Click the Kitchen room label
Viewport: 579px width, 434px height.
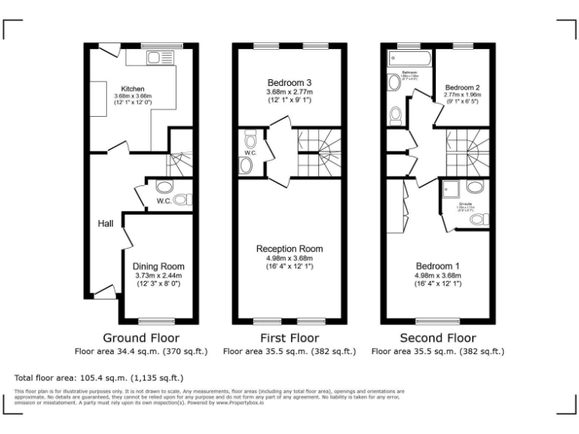point(133,89)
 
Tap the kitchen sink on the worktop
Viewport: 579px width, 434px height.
point(160,57)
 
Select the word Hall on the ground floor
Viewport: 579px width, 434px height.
point(105,223)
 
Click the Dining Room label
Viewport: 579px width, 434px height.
point(158,266)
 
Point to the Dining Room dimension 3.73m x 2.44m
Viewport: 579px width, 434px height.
point(158,276)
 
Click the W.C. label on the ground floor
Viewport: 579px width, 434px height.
point(164,201)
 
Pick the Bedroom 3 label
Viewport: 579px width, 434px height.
point(289,82)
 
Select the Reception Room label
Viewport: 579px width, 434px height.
point(289,249)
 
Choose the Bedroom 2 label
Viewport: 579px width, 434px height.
point(462,88)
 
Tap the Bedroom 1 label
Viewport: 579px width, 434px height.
point(437,266)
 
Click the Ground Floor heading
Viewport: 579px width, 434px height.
point(141,338)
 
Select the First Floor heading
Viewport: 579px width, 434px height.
point(289,338)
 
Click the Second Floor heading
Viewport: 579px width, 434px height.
point(437,338)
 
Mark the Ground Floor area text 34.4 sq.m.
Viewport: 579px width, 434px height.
point(141,351)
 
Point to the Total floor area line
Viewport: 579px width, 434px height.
point(99,377)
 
